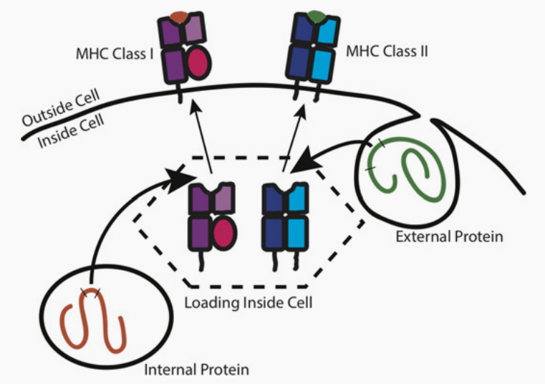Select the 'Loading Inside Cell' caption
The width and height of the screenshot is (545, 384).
coord(248,302)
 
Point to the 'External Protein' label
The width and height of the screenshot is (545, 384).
coord(443,235)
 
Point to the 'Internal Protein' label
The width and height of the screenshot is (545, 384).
coord(197,370)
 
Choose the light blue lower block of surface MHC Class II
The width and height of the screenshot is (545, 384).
coord(322,64)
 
